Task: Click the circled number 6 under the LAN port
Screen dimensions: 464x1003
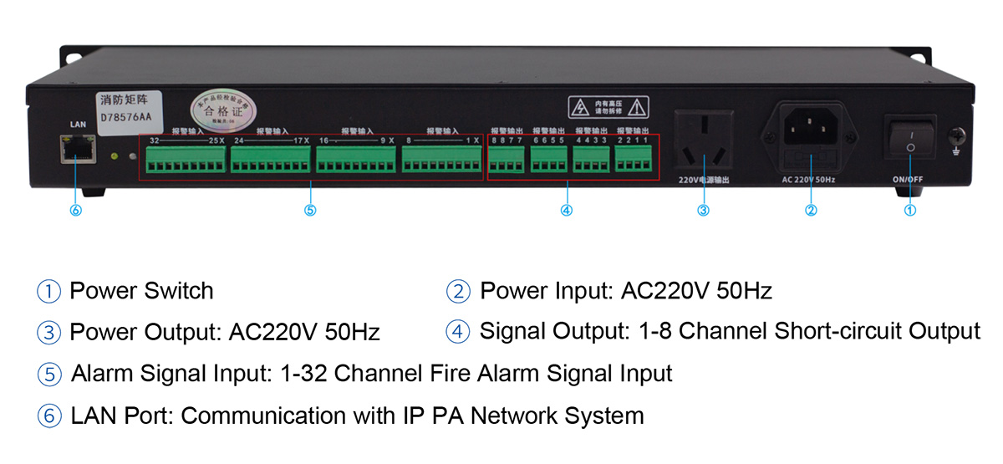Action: [x=75, y=211]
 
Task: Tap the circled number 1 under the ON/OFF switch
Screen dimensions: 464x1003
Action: [x=910, y=211]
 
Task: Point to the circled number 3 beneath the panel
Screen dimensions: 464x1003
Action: [x=703, y=211]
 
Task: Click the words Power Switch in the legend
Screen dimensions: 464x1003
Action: [x=141, y=291]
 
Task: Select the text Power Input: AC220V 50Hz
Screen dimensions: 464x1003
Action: [x=625, y=291]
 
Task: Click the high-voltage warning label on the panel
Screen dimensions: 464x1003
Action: [x=608, y=107]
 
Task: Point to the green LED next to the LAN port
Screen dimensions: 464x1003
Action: [x=114, y=156]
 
